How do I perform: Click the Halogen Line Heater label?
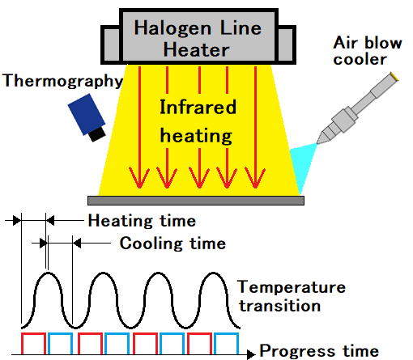point(198,39)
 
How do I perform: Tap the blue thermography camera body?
point(86,114)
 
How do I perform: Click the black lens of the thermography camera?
point(97,134)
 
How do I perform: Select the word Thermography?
point(62,81)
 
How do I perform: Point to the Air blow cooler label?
point(368,51)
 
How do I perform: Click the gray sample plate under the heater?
point(196,201)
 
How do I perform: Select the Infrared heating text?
point(198,121)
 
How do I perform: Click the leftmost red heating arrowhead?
point(139,178)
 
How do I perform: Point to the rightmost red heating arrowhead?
point(255,178)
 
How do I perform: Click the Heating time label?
point(142,221)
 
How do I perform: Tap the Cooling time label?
point(172,244)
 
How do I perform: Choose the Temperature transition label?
point(292,296)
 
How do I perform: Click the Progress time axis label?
point(319,350)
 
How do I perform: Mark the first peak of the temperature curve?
point(48,273)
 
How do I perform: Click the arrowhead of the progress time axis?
point(252,354)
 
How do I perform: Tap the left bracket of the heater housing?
point(110,44)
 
